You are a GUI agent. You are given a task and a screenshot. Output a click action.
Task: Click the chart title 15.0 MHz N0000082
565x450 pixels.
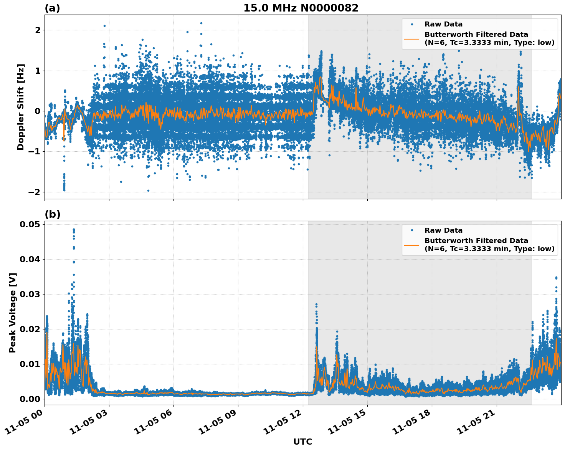click(x=301, y=8)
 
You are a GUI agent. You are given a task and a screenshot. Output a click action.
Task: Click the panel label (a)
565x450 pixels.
click(x=52, y=8)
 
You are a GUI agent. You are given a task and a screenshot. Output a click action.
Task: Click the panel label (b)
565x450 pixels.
click(x=52, y=214)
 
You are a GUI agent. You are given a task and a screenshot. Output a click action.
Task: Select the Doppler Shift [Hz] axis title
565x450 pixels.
click(x=21, y=107)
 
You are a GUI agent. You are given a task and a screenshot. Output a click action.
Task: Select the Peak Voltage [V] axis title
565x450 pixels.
click(x=13, y=313)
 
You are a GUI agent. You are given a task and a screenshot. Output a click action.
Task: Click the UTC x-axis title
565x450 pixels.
click(x=302, y=442)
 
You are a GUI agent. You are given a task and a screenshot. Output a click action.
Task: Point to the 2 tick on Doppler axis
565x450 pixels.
click(x=38, y=30)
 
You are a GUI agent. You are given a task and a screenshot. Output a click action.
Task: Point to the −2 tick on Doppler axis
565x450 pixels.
click(x=35, y=192)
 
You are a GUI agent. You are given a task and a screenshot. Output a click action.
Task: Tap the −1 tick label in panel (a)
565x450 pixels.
click(x=35, y=152)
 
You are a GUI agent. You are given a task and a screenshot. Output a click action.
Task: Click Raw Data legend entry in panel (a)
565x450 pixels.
click(x=443, y=24)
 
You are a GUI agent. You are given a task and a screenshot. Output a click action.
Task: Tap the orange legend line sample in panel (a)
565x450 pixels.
click(x=412, y=39)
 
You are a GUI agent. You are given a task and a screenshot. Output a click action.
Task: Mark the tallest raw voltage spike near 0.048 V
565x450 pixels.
click(x=74, y=230)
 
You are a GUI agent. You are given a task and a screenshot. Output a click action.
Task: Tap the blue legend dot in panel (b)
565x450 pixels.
click(x=412, y=230)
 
